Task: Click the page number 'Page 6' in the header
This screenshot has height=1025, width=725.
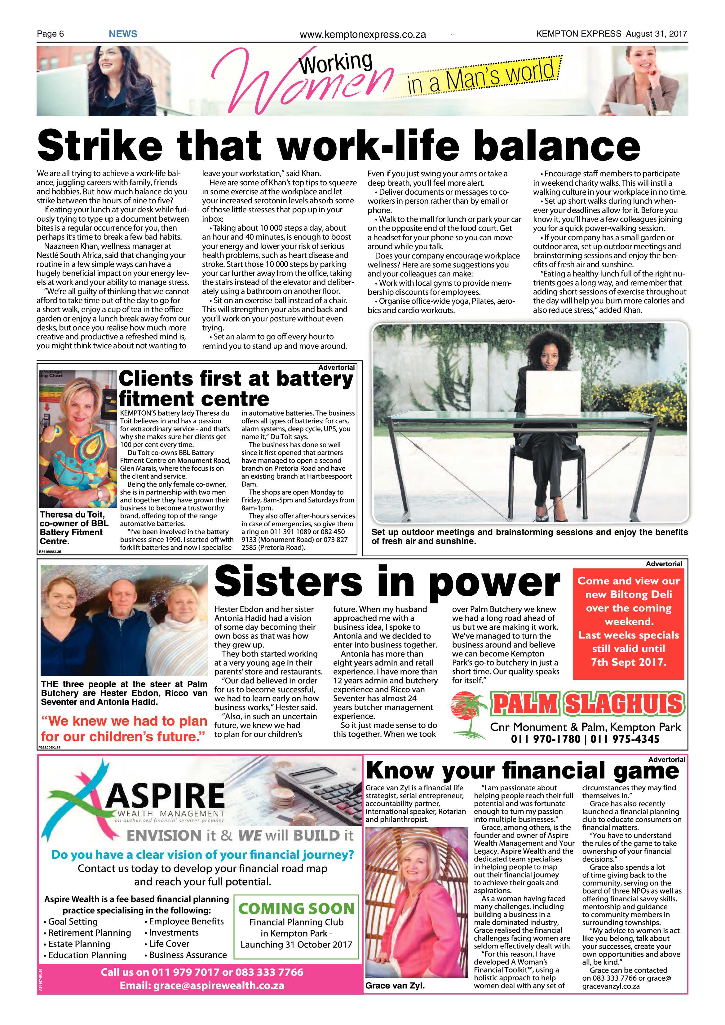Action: (x=51, y=34)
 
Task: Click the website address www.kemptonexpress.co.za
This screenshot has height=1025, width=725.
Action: (x=363, y=35)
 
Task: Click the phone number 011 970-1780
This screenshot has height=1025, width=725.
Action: (x=546, y=739)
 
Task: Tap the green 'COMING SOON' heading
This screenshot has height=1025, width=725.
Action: (x=296, y=908)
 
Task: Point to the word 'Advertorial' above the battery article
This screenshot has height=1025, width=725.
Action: (x=336, y=367)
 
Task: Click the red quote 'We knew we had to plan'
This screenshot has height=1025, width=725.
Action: (x=124, y=721)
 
